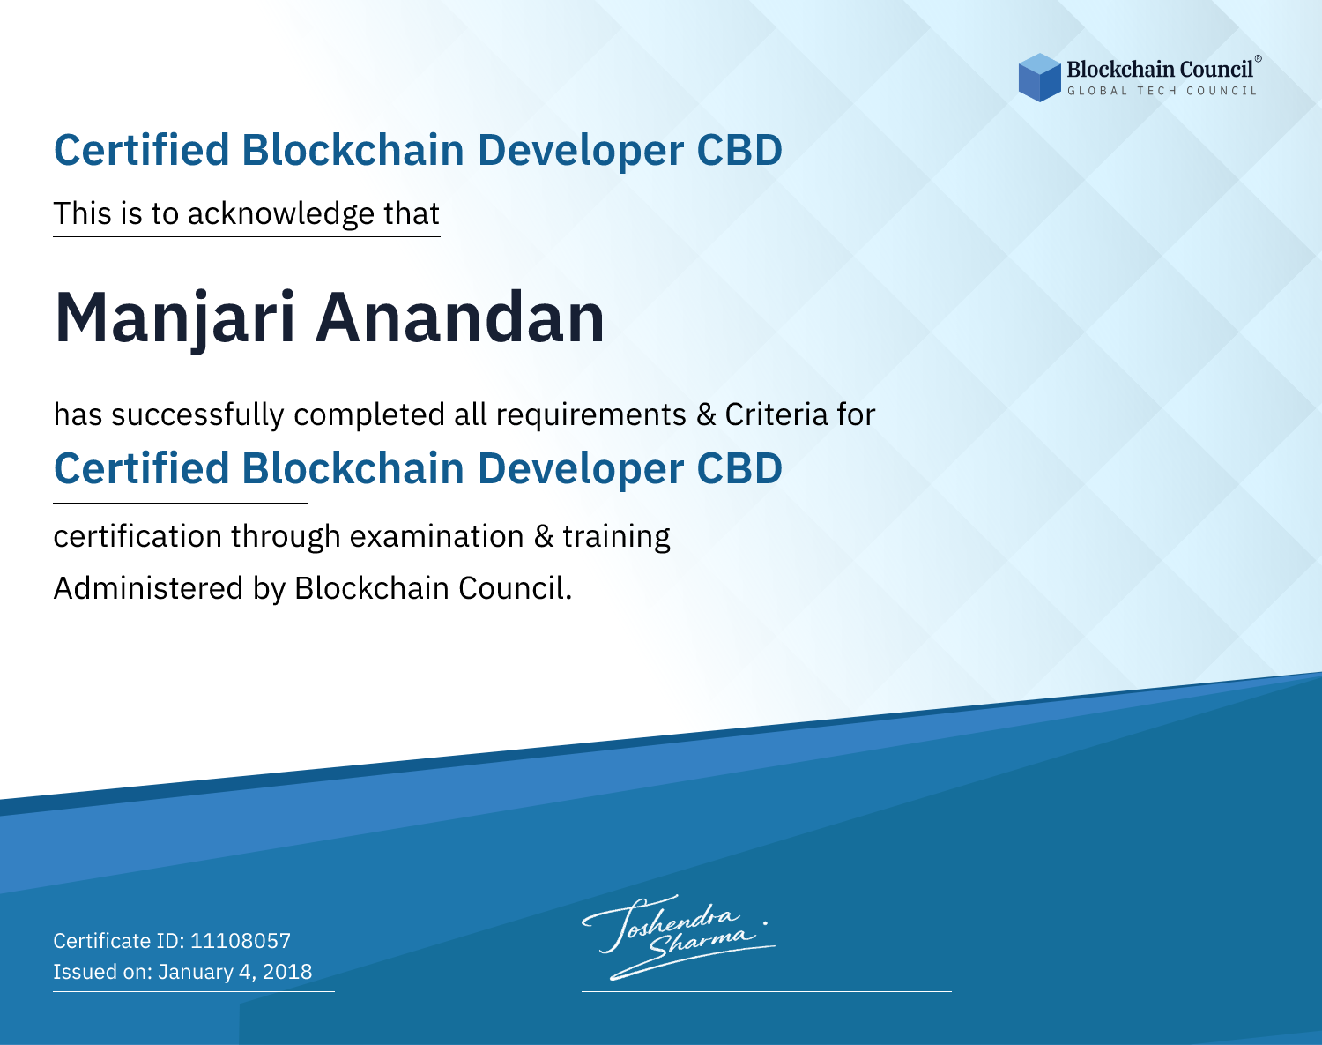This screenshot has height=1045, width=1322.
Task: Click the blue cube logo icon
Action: pyautogui.click(x=1039, y=78)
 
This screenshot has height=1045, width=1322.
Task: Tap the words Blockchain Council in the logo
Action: pyautogui.click(x=1160, y=70)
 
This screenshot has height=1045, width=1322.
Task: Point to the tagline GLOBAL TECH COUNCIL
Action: pyautogui.click(x=1162, y=91)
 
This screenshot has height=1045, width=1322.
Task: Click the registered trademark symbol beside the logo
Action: pyautogui.click(x=1259, y=59)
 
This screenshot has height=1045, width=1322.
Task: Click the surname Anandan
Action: pyautogui.click(x=460, y=317)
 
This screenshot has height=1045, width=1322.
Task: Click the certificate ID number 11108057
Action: pyautogui.click(x=241, y=940)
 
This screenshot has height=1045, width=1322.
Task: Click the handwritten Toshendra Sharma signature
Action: pyautogui.click(x=679, y=937)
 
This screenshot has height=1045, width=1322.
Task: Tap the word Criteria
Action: pyautogui.click(x=776, y=414)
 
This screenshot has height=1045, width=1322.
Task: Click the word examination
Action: pyautogui.click(x=436, y=536)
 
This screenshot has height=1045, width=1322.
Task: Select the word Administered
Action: pyautogui.click(x=148, y=588)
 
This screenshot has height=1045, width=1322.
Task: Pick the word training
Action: pyautogui.click(x=616, y=537)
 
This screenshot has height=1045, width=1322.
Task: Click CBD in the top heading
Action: pyautogui.click(x=739, y=150)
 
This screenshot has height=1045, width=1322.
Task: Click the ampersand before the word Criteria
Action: pyautogui.click(x=706, y=414)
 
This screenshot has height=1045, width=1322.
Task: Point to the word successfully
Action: pyautogui.click(x=197, y=415)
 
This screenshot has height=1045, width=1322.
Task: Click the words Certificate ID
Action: pyautogui.click(x=119, y=940)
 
